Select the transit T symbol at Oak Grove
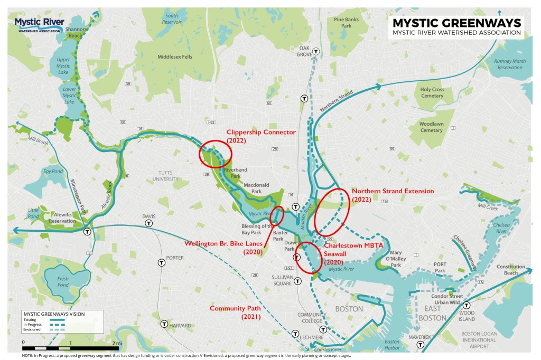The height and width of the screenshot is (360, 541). [x=316, y=52]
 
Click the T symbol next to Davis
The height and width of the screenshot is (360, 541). [x=149, y=223]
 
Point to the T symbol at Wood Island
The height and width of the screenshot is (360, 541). [x=467, y=305]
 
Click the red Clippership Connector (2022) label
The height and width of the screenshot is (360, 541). [x=260, y=136]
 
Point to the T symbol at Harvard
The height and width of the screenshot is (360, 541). [x=164, y=324]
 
